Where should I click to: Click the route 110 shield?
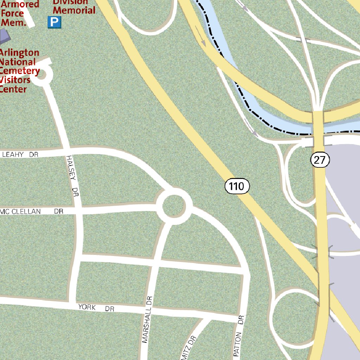pos(237,186)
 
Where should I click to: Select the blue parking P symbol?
pos(54,23)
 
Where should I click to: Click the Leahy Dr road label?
pos(20,154)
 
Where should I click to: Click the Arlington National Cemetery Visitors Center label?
pos(19,71)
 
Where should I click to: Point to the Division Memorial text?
pos(74,7)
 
